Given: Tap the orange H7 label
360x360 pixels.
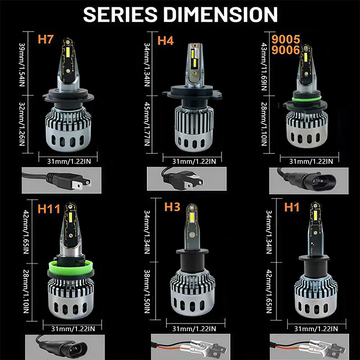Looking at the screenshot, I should coord(45,39).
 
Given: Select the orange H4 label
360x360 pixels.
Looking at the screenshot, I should coord(165,40).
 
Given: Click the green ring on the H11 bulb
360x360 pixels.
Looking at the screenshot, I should coord(67,266).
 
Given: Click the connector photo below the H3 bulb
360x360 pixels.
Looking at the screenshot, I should coord(183,347).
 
